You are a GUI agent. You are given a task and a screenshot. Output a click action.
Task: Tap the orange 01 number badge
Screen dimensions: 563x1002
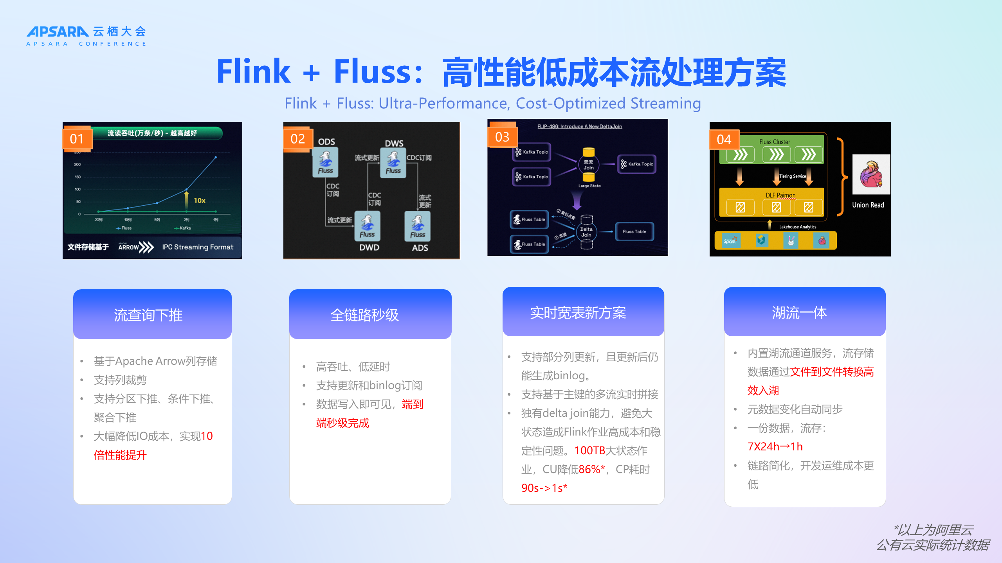pyautogui.click(x=77, y=139)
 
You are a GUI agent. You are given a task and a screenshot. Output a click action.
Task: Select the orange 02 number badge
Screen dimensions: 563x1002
pyautogui.click(x=297, y=139)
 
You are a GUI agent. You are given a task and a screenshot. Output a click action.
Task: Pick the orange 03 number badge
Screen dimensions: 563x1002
pyautogui.click(x=502, y=137)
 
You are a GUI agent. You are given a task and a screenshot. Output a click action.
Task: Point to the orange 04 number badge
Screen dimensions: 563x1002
pyautogui.click(x=724, y=140)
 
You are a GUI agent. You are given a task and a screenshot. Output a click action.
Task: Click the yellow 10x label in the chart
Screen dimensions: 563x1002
pyautogui.click(x=200, y=201)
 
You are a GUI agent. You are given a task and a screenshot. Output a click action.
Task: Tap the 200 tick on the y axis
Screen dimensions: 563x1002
pyautogui.click(x=77, y=164)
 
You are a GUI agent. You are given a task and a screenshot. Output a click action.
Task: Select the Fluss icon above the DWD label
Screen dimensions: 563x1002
pyautogui.click(x=367, y=226)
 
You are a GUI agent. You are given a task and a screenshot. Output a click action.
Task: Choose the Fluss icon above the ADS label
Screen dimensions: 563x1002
pyautogui.click(x=418, y=226)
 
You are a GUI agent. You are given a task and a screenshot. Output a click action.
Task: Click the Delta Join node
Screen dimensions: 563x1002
pyautogui.click(x=586, y=232)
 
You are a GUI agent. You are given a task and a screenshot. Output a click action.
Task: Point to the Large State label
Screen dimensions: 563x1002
pyautogui.click(x=589, y=186)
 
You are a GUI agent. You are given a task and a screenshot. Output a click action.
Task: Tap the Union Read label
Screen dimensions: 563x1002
pyautogui.click(x=868, y=205)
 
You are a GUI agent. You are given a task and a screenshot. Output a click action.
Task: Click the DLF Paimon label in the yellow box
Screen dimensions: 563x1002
pyautogui.click(x=780, y=195)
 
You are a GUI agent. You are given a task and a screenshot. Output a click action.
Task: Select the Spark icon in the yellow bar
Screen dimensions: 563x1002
pyautogui.click(x=730, y=240)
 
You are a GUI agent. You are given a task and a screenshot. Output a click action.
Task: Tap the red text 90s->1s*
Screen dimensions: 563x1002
pyautogui.click(x=544, y=488)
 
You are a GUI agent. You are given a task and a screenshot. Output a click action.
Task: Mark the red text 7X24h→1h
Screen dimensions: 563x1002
pyautogui.click(x=775, y=446)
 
